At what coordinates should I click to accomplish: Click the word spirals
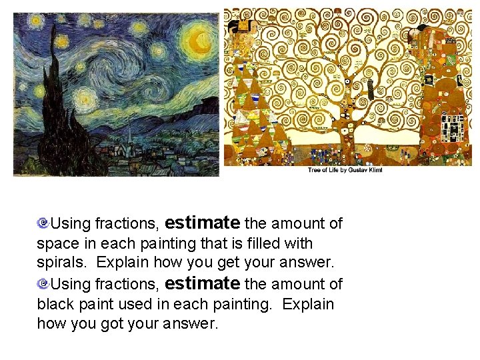tap(60, 264)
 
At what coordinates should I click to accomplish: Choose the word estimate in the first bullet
tap(202, 222)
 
